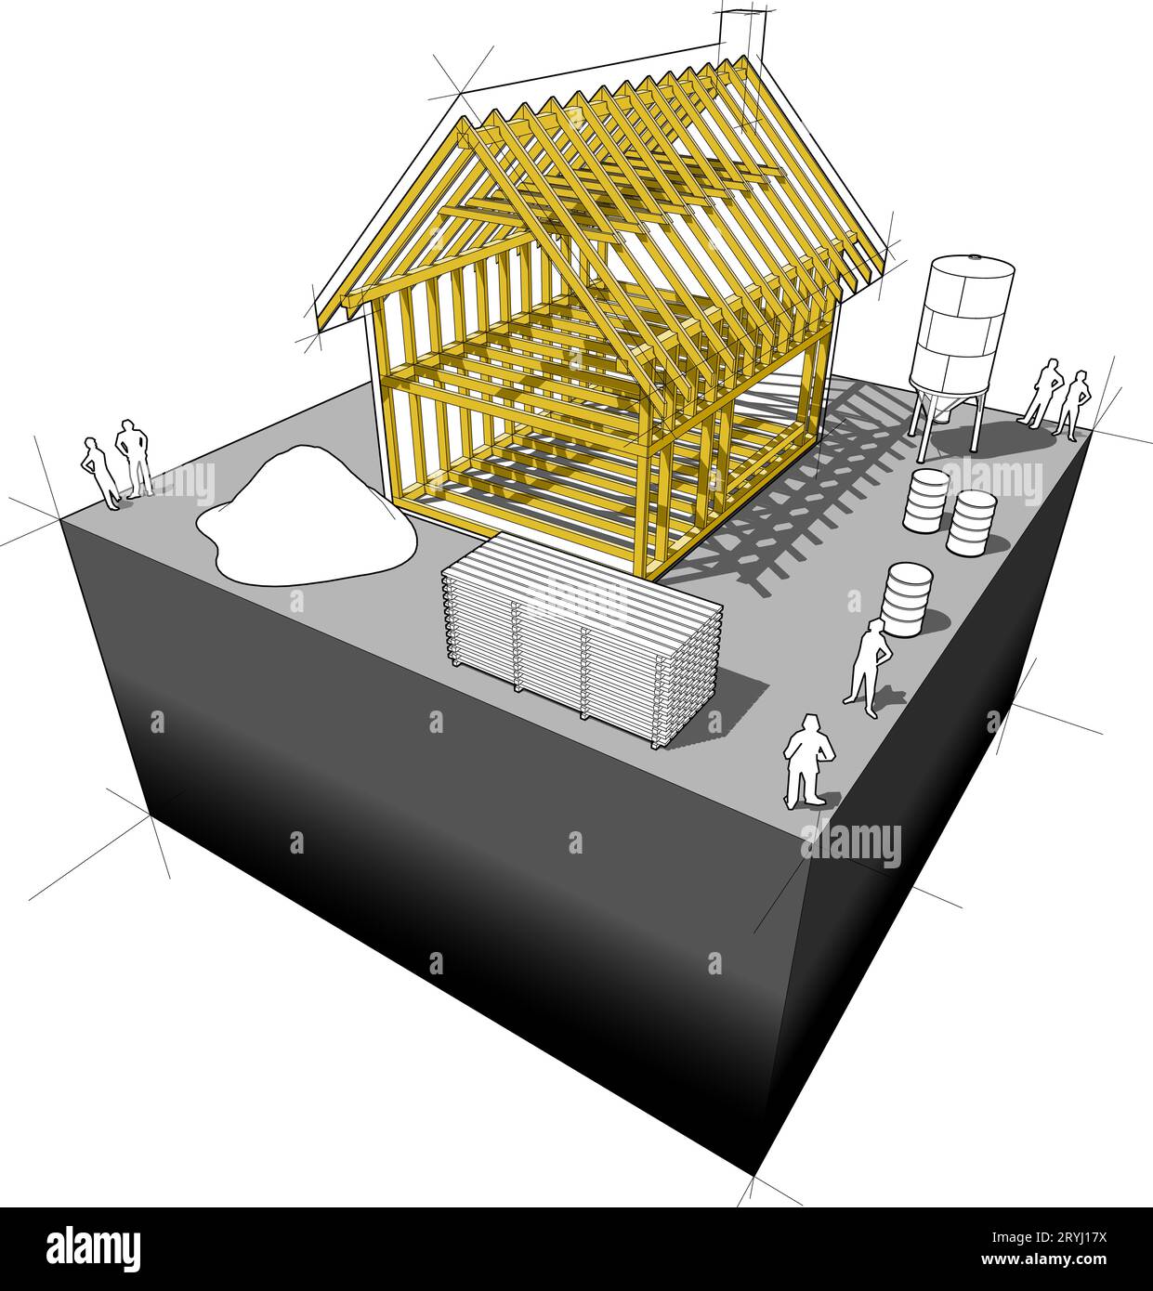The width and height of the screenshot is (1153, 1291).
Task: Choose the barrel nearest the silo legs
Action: tap(925, 500)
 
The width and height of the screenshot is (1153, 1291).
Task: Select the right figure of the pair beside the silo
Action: tap(1072, 405)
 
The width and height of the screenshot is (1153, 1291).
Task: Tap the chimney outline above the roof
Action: tap(742, 35)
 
